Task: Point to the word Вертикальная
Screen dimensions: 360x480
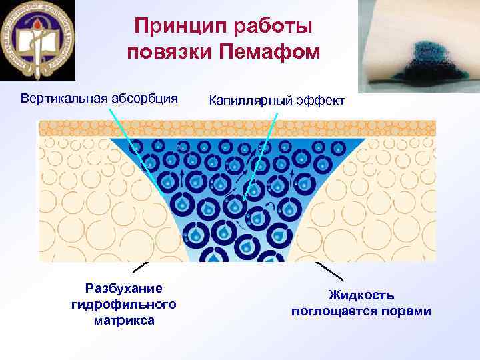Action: pyautogui.click(x=63, y=99)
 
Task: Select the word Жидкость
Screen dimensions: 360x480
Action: pyautogui.click(x=361, y=295)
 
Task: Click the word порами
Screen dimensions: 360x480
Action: pyautogui.click(x=407, y=311)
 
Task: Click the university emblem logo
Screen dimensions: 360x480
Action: pyautogui.click(x=38, y=40)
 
